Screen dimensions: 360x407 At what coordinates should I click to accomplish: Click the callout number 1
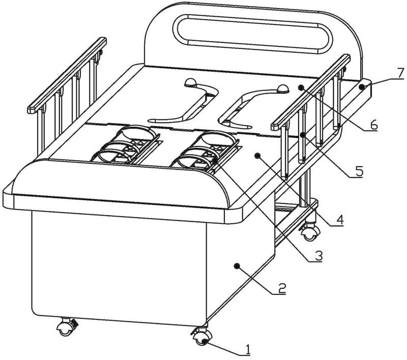tap(248, 349)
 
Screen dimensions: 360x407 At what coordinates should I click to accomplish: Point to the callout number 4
tap(340, 220)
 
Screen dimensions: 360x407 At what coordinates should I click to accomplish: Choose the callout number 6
tap(374, 125)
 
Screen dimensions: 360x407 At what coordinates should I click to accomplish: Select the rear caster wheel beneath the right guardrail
tap(308, 234)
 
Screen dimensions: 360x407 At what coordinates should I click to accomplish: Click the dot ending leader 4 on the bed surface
tap(257, 155)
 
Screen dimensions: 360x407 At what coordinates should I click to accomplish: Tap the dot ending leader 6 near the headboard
tap(301, 87)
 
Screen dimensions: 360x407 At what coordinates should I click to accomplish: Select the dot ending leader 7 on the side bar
tap(361, 87)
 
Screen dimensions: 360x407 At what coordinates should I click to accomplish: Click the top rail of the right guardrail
tap(310, 89)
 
